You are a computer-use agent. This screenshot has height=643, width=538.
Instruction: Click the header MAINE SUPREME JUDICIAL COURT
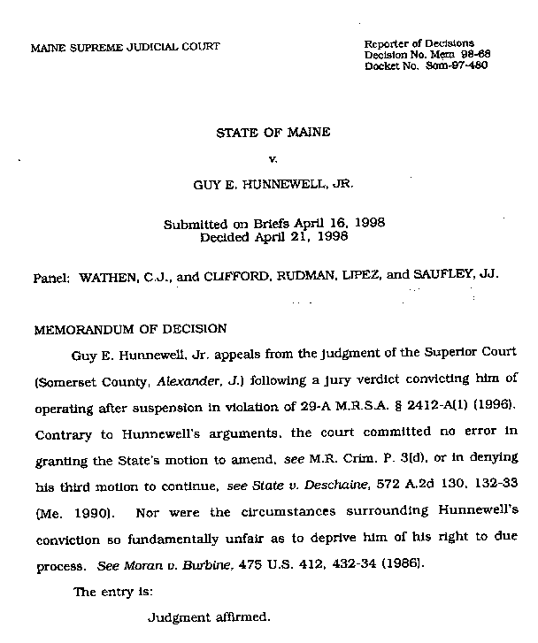126,46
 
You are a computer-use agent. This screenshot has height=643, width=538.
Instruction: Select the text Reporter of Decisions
419,43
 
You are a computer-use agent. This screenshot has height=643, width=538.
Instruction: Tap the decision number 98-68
473,55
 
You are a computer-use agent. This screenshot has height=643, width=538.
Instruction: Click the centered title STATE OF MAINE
273,134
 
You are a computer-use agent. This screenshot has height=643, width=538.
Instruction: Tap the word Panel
50,276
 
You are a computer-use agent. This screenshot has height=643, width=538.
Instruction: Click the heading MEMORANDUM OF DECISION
130,329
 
